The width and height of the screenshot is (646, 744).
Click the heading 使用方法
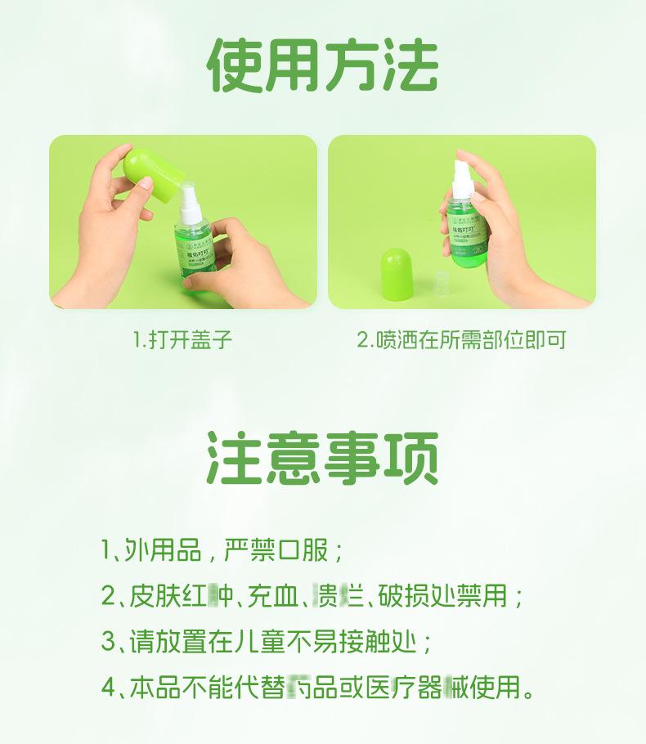(323, 65)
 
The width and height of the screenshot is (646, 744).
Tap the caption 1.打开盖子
(182, 340)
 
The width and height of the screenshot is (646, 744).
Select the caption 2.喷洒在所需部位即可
(461, 340)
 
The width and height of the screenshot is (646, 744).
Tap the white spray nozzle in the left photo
(190, 204)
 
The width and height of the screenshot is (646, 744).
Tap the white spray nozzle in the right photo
(463, 180)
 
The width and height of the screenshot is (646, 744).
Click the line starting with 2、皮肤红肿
(312, 595)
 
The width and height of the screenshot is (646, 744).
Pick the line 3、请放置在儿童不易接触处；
(267, 642)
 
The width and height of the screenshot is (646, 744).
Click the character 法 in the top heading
(410, 65)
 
